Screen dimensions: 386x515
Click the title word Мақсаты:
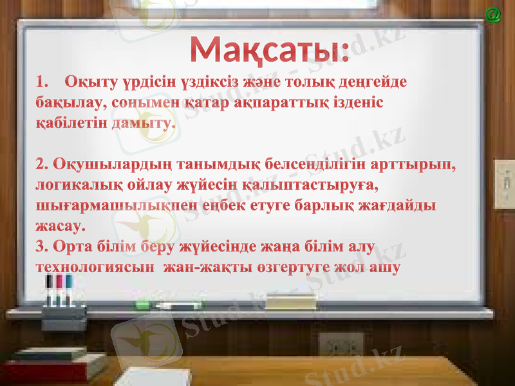[269, 50]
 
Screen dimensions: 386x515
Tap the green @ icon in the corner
[493, 14]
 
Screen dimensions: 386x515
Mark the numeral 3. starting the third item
[42, 246]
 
